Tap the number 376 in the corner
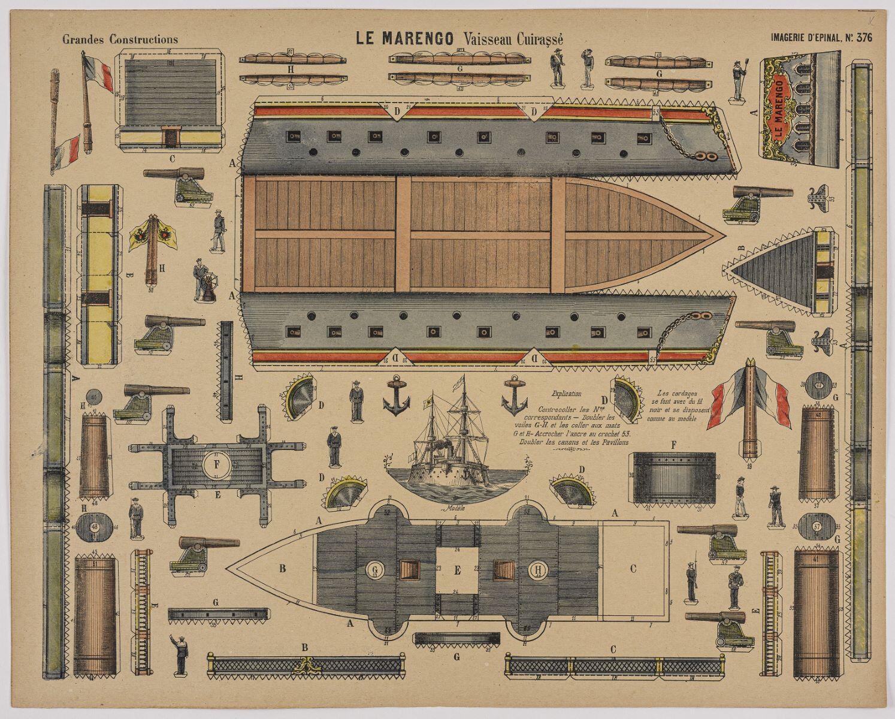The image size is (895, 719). click(x=864, y=38)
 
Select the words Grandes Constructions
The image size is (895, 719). click(x=120, y=40)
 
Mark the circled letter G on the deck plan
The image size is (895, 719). click(x=376, y=569)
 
